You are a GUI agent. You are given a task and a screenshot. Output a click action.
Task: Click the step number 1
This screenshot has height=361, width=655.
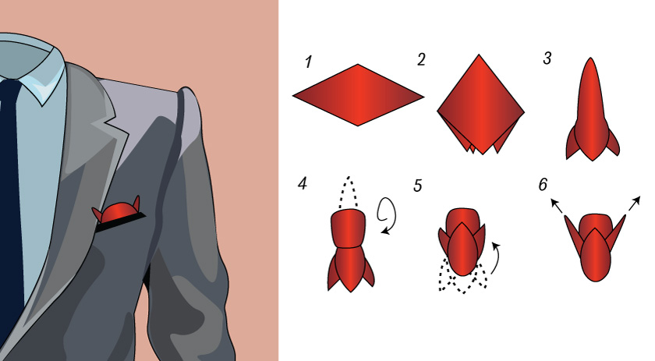pyautogui.click(x=308, y=62)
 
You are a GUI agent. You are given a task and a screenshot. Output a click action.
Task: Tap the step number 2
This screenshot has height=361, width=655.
pyautogui.click(x=421, y=59)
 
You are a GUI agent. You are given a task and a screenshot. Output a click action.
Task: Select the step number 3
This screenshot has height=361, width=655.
pyautogui.click(x=547, y=58)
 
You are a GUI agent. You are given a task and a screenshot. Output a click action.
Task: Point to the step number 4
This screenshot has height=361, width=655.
pyautogui.click(x=303, y=183)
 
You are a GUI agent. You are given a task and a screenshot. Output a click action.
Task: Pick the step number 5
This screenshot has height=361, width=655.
pyautogui.click(x=418, y=186)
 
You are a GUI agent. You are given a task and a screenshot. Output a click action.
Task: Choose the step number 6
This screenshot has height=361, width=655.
pyautogui.click(x=543, y=184)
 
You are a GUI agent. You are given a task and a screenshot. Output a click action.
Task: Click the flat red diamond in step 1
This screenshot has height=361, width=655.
pyautogui.click(x=358, y=95)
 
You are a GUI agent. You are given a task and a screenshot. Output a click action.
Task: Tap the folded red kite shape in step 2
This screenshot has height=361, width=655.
pyautogui.click(x=480, y=104)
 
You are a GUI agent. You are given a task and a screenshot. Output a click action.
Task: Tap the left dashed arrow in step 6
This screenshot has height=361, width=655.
pyautogui.click(x=557, y=206)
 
